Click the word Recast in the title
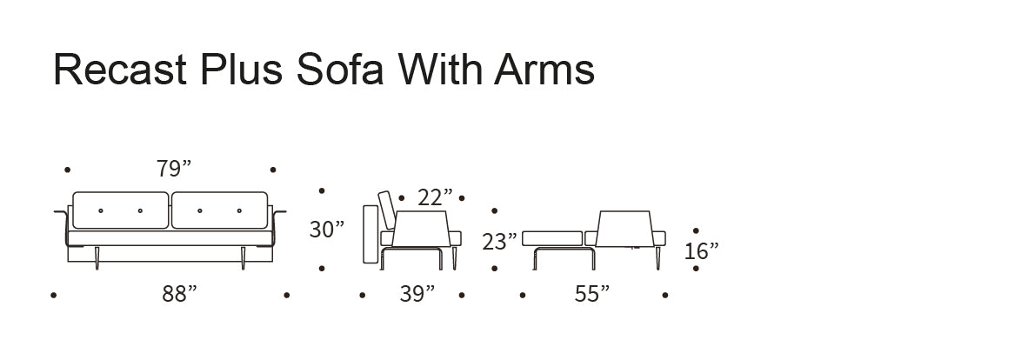120,69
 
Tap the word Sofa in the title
339,69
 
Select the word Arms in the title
544,69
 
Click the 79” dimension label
174,170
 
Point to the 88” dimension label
179,295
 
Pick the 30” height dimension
326,230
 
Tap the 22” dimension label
435,197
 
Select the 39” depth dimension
417,295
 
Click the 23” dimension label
500,242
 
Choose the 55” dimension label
591,295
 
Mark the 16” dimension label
701,252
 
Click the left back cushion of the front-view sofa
122,210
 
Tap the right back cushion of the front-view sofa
219,210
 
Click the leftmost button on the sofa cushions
101,210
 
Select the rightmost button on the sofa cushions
239,210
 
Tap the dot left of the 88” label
54,296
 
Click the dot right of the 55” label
665,296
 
